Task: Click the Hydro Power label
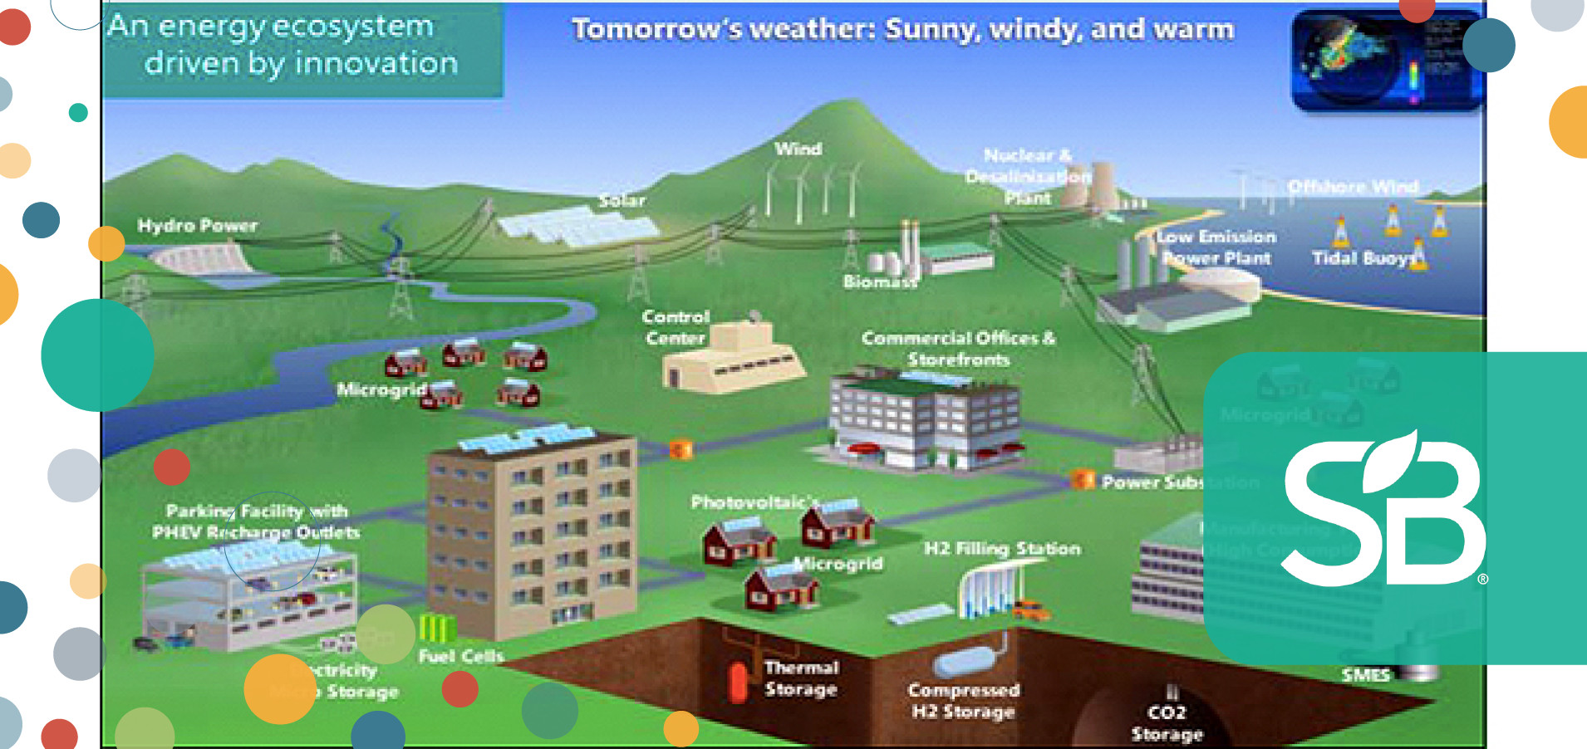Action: point(197,225)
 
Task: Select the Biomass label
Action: point(879,281)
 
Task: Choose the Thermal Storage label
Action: point(801,678)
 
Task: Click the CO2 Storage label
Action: point(1167,722)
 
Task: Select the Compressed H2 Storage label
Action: point(963,701)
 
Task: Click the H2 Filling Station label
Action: point(1002,548)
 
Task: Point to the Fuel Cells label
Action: point(461,656)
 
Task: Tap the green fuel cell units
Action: point(438,629)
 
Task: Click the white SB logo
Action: point(1383,508)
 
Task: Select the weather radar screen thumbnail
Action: point(1383,61)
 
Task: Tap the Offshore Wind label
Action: point(1353,187)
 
